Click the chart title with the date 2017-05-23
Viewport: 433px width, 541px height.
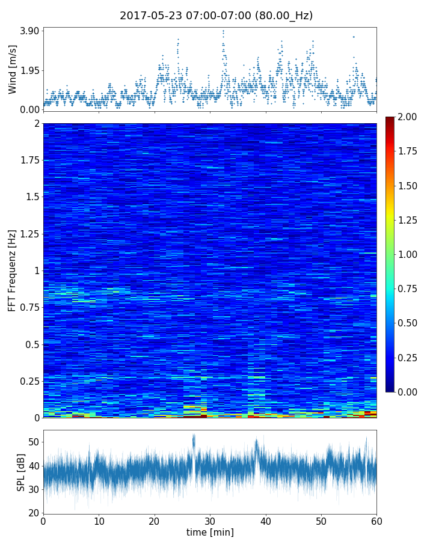(x=216, y=16)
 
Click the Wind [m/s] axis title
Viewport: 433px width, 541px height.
(x=13, y=69)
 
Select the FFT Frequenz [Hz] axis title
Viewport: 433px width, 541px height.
(x=13, y=270)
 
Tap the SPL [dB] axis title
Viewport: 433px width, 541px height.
(x=21, y=471)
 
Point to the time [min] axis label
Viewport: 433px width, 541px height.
(x=210, y=532)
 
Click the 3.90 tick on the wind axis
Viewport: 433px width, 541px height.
(x=29, y=31)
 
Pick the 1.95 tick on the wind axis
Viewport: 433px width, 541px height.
(x=29, y=70)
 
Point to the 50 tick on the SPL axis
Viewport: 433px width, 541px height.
(x=34, y=442)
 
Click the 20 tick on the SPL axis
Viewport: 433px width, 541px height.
(x=34, y=513)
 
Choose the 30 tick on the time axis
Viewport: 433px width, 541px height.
(x=210, y=521)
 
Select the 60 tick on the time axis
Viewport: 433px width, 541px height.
(x=376, y=521)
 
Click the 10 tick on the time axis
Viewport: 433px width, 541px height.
(x=99, y=521)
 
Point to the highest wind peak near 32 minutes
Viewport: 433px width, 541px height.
(x=223, y=31)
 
